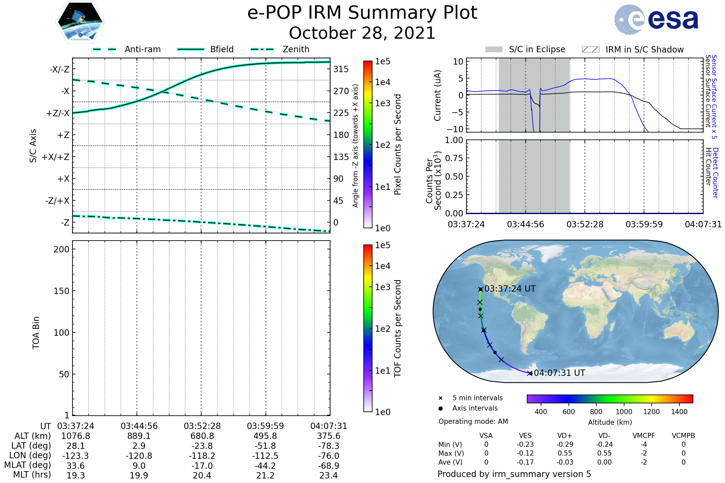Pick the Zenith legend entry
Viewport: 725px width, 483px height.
[x=280, y=49]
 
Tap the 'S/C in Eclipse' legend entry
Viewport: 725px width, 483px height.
[x=525, y=49]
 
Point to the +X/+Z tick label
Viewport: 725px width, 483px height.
[x=56, y=157]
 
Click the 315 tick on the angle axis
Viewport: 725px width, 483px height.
[x=341, y=69]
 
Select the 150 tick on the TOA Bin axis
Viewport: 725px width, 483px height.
[x=61, y=291]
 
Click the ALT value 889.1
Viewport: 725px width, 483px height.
[x=139, y=436]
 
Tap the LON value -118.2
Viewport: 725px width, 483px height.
[x=202, y=456]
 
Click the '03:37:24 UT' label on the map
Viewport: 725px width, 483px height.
[x=510, y=289]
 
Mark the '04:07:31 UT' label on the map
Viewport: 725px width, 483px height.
[x=559, y=373]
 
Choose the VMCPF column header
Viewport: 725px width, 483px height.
[x=644, y=436]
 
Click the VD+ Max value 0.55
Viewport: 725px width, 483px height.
[x=565, y=453]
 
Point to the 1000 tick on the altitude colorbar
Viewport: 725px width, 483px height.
[x=623, y=412]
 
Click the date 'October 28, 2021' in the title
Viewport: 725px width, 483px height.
[x=362, y=33]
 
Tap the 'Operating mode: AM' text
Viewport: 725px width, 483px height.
[x=473, y=421]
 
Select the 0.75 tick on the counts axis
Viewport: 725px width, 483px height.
[x=454, y=158]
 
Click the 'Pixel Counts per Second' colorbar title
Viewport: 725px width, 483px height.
[x=398, y=145]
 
